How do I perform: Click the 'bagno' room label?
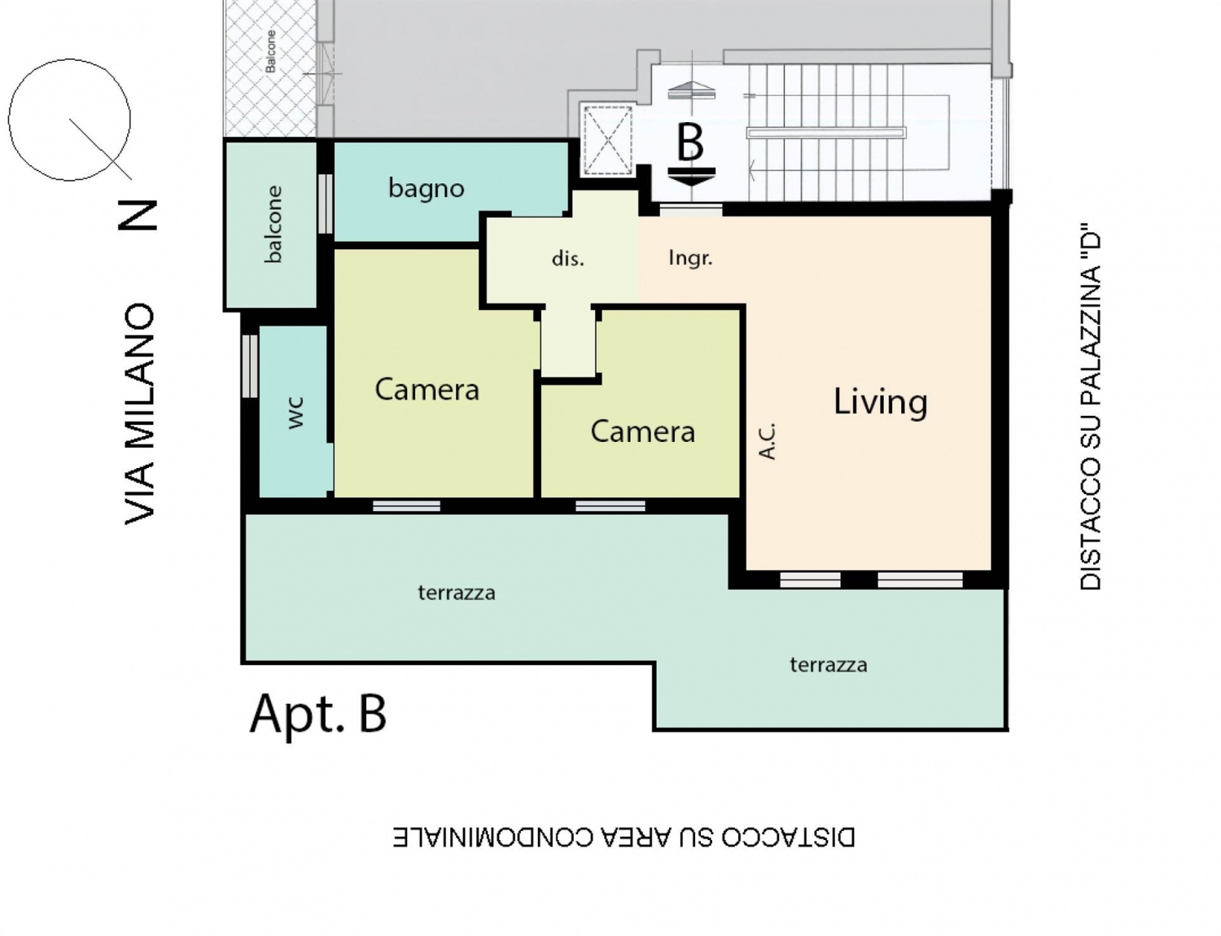pyautogui.click(x=426, y=188)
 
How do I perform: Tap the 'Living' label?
pyautogui.click(x=880, y=402)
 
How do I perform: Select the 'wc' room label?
pyautogui.click(x=295, y=413)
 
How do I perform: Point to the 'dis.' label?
pyautogui.click(x=568, y=259)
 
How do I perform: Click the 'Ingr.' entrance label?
pyautogui.click(x=690, y=258)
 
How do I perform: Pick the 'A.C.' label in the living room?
pyautogui.click(x=767, y=442)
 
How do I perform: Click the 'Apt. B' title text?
pyautogui.click(x=318, y=714)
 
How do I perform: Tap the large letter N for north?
pyautogui.click(x=137, y=215)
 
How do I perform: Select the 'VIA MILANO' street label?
pyautogui.click(x=139, y=414)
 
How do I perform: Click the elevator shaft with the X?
pyautogui.click(x=607, y=140)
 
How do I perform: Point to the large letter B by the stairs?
pyautogui.click(x=690, y=142)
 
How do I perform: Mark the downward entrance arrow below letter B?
pyautogui.click(x=692, y=177)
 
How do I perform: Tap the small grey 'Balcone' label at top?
pyautogui.click(x=271, y=52)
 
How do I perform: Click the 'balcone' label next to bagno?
pyautogui.click(x=273, y=224)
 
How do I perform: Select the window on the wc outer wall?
pyautogui.click(x=250, y=366)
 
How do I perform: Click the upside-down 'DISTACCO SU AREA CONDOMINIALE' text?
pyautogui.click(x=624, y=838)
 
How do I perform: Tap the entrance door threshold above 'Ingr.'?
pyautogui.click(x=690, y=210)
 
